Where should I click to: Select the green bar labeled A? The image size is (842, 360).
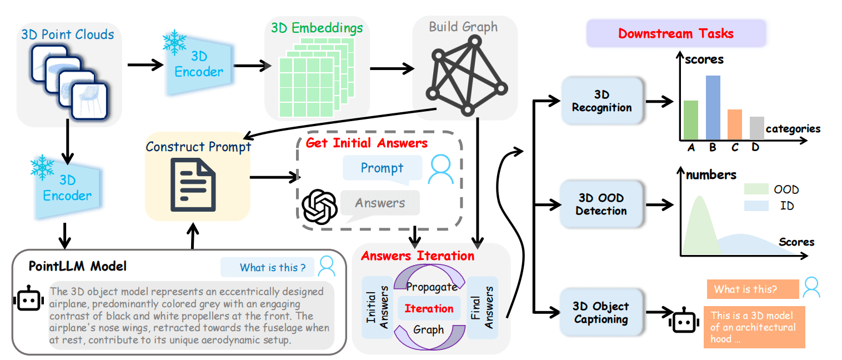(690, 120)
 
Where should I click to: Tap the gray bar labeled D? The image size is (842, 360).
(756, 128)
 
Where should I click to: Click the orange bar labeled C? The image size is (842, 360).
(734, 124)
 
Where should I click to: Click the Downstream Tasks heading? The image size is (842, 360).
(675, 33)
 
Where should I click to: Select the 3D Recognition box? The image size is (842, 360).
(602, 101)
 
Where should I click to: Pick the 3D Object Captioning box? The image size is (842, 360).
(601, 312)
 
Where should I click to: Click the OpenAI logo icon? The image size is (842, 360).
(319, 206)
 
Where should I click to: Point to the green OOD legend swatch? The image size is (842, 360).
(755, 189)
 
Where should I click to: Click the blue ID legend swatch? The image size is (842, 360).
(755, 206)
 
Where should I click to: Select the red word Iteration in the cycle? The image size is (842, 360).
(429, 308)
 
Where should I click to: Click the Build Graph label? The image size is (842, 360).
(463, 27)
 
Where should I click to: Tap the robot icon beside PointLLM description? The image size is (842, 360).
(27, 301)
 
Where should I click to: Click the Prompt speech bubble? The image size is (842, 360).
(382, 168)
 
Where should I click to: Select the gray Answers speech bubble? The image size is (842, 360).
(380, 203)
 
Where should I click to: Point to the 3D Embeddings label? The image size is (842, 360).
(317, 27)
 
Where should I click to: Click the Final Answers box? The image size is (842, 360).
(482, 307)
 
